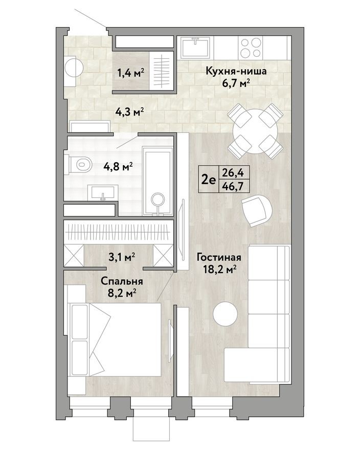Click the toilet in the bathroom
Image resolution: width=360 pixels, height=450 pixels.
click(77, 165)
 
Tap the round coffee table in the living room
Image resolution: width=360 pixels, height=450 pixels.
click(226, 313)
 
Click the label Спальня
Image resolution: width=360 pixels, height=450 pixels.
click(122, 281)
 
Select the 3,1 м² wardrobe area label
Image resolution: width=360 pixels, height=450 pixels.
click(122, 257)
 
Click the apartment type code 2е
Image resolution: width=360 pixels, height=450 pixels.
click(208, 179)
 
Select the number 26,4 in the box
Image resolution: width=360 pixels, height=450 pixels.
click(231, 173)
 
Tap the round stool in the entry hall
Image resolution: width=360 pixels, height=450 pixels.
click(73, 66)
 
